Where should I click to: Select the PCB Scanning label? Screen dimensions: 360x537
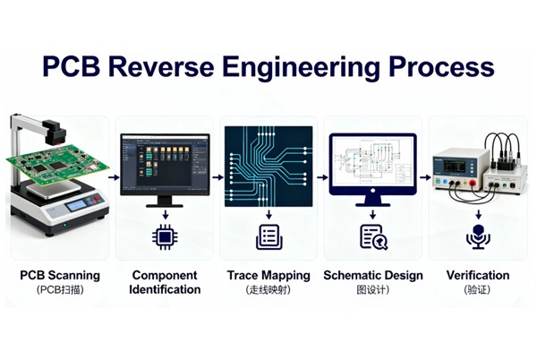click(60, 275)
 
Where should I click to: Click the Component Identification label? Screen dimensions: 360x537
click(166, 282)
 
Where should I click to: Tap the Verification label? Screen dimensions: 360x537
click(477, 275)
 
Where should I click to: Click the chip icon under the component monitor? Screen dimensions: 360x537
click(165, 236)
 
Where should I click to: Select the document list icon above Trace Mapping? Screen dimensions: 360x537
click(268, 236)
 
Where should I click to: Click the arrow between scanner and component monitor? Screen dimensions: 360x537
click(114, 177)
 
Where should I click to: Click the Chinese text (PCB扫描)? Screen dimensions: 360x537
click(60, 290)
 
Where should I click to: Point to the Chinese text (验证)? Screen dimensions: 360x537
click(477, 290)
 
